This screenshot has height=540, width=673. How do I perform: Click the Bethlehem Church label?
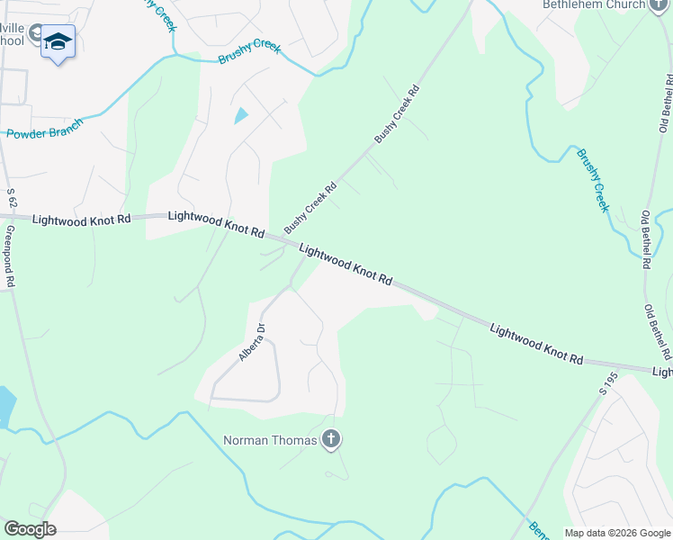593,4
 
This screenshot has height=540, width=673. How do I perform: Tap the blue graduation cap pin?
58,41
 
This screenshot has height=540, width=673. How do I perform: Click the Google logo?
29,529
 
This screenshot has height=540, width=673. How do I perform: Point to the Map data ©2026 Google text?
617,533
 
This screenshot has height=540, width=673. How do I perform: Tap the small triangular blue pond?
241,116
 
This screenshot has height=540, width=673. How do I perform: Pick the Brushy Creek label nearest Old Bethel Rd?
594,180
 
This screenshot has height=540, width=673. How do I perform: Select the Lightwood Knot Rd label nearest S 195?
536,343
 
